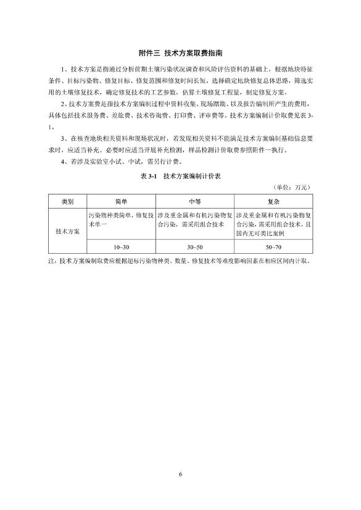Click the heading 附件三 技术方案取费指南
click(x=180, y=53)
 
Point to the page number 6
click(x=180, y=474)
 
